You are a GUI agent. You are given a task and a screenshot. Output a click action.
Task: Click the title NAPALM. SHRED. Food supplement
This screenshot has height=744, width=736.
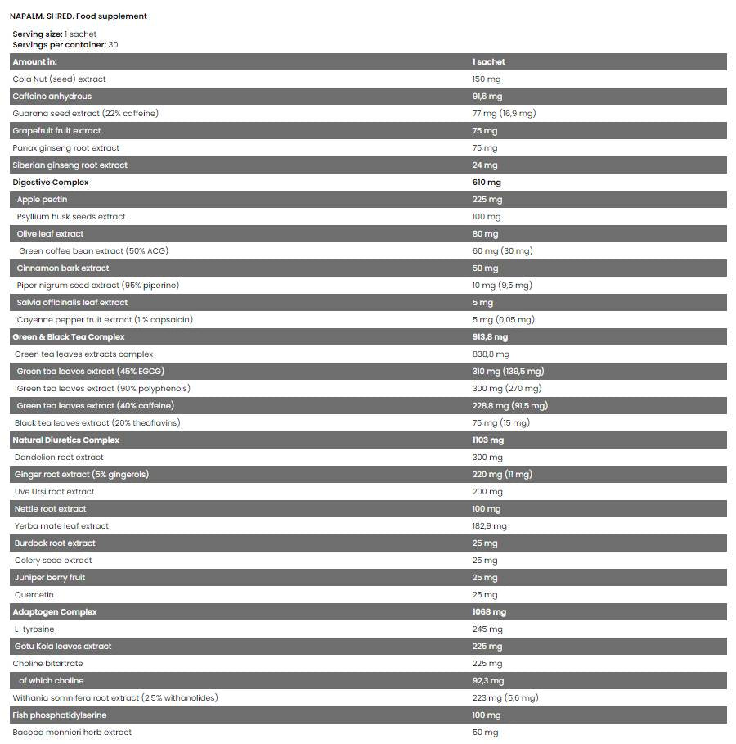(79, 16)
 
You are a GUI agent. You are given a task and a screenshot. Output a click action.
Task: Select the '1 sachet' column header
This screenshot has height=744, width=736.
(488, 62)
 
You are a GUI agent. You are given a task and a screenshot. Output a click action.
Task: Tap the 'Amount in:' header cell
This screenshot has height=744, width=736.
(34, 62)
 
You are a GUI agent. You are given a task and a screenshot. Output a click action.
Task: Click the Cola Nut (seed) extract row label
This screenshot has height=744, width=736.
(59, 79)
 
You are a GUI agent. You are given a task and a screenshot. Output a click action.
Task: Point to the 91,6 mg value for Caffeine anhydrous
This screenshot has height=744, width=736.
(487, 97)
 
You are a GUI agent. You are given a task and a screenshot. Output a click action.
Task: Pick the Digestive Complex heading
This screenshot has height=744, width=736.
(51, 183)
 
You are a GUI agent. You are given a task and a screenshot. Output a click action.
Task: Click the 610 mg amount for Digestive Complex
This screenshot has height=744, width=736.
(487, 183)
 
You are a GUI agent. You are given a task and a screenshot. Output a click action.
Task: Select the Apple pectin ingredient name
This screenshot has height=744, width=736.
(42, 200)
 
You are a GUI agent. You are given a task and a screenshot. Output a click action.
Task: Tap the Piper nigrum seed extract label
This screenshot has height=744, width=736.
(97, 286)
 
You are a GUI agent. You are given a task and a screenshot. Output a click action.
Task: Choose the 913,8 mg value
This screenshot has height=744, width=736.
(490, 337)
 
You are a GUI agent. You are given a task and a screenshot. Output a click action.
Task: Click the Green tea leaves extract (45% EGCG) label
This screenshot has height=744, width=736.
(95, 372)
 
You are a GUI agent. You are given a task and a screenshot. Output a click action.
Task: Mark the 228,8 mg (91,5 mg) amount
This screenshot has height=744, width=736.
(509, 406)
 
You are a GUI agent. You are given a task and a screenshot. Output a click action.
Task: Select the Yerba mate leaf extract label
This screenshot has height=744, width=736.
(61, 526)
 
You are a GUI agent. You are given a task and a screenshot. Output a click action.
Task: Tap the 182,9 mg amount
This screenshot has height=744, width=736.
(489, 526)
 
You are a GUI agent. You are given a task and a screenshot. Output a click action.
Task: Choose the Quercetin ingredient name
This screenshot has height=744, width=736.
(34, 595)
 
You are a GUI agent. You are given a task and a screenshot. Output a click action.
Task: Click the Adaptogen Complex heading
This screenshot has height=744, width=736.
(55, 612)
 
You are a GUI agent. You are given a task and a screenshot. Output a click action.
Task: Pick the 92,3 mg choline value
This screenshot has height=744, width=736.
(487, 681)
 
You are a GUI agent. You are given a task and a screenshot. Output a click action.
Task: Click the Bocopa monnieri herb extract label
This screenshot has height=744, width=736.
(72, 733)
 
